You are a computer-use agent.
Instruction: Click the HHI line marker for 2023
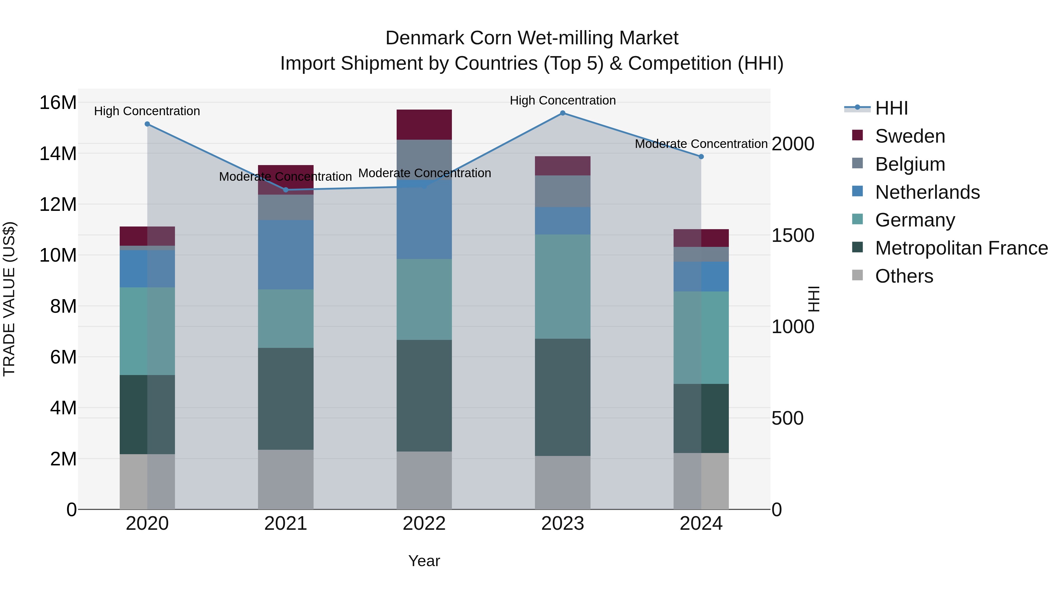tap(562, 113)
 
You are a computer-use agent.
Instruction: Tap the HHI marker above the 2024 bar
tap(701, 157)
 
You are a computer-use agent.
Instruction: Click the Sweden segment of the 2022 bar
tap(424, 125)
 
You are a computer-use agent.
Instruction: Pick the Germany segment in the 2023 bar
tap(562, 287)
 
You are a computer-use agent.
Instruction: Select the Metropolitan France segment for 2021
tap(286, 399)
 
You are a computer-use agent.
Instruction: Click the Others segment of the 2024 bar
tap(701, 481)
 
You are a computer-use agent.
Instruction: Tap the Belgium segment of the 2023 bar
tap(562, 191)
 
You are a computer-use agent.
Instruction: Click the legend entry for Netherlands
tap(927, 192)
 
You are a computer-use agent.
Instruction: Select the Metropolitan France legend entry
tap(961, 248)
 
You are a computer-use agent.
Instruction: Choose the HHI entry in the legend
tap(891, 108)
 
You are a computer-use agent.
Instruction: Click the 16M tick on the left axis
tap(58, 102)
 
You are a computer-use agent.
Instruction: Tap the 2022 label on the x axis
tap(424, 524)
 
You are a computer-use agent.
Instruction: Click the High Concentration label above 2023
tap(562, 100)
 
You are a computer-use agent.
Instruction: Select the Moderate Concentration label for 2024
tap(701, 144)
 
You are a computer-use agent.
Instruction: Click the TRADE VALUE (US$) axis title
tap(9, 299)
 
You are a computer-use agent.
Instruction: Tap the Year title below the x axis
tap(424, 561)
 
